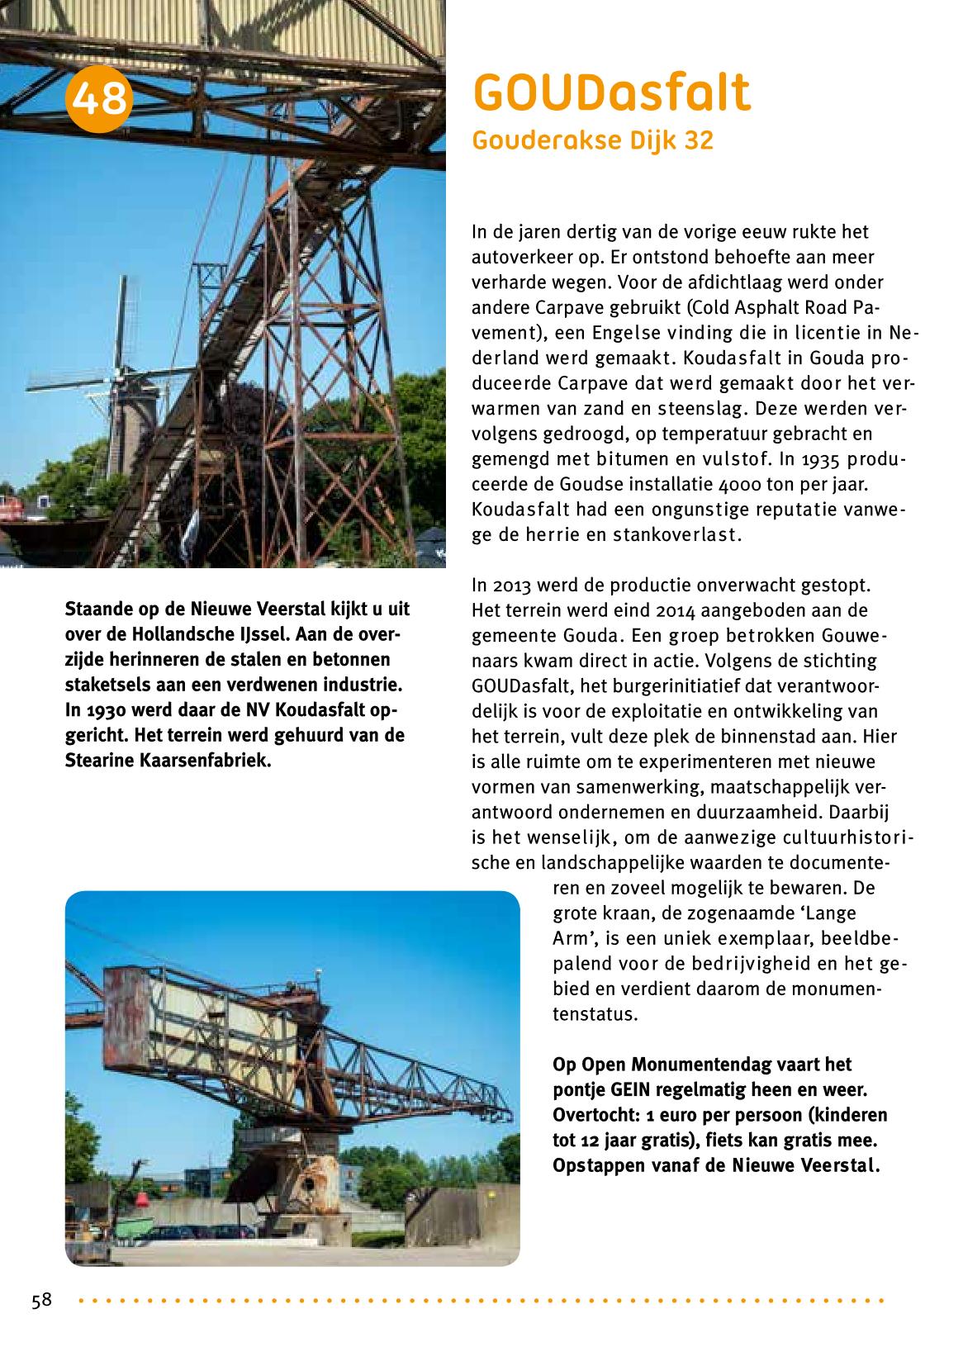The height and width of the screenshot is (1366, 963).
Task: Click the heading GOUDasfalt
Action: coord(611,93)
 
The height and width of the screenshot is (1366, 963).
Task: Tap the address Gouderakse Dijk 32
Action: coord(592,141)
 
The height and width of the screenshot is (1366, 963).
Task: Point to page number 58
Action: coord(41,1301)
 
